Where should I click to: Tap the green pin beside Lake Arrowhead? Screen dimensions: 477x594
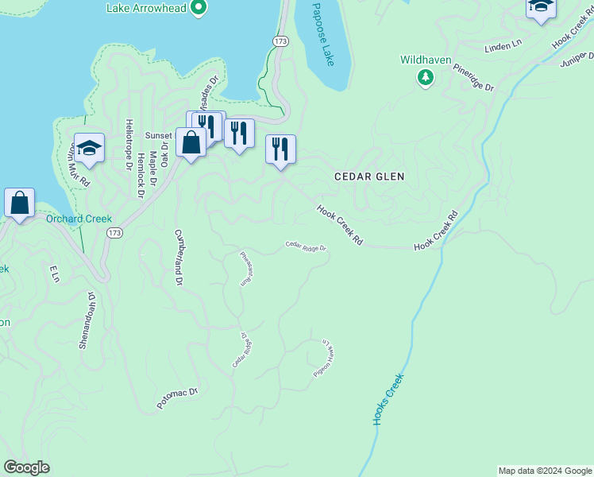[200, 9]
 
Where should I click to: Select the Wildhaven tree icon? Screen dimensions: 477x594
[426, 76]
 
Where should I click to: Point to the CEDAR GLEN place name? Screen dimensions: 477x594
[369, 176]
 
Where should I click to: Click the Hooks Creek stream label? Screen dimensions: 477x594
[388, 398]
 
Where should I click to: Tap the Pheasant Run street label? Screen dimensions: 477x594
[246, 269]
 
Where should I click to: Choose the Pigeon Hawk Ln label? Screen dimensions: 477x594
[327, 359]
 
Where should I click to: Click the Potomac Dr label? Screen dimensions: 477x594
[176, 398]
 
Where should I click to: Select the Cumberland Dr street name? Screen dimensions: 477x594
[179, 258]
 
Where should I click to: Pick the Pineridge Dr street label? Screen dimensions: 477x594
[474, 75]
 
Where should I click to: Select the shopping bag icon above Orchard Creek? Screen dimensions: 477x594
[20, 202]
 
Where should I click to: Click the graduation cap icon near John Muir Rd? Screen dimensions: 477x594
[90, 147]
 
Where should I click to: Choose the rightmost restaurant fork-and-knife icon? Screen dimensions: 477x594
[280, 149]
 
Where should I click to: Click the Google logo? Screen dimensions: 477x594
[26, 467]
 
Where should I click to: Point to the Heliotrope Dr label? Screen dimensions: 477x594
[128, 144]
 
